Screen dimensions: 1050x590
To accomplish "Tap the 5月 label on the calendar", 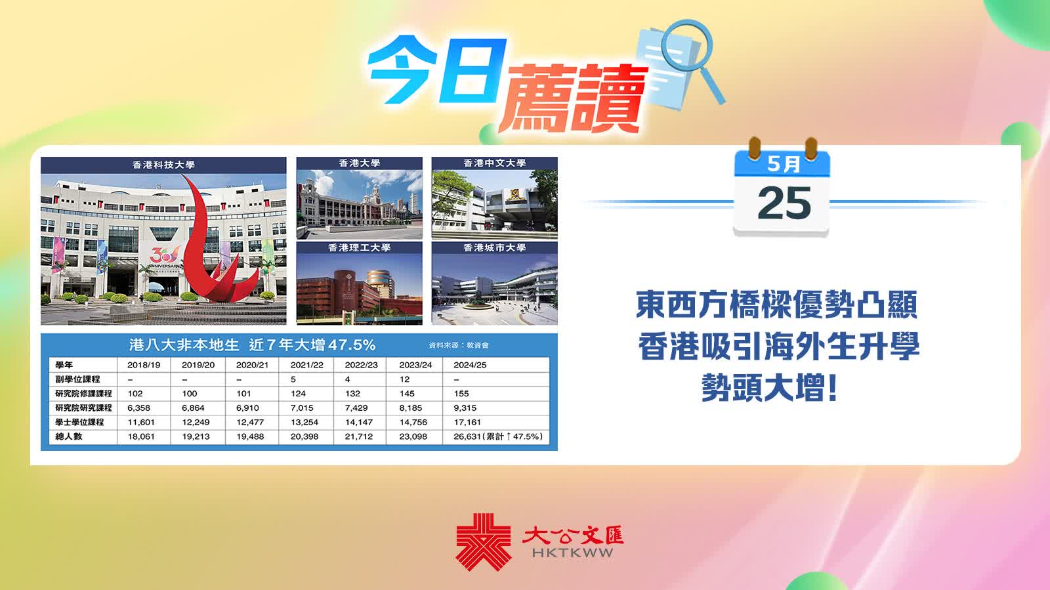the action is (x=784, y=164).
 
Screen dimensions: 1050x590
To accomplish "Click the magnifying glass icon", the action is (x=693, y=59).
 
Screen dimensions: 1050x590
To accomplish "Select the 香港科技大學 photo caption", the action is (x=163, y=165).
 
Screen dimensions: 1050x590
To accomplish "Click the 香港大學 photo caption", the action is (x=360, y=163).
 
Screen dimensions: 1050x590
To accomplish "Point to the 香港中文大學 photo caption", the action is (x=495, y=163).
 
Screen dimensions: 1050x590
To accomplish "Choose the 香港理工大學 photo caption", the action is (x=360, y=247).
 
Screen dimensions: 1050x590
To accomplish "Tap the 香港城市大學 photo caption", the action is (x=495, y=247).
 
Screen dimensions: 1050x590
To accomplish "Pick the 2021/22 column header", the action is (x=307, y=365).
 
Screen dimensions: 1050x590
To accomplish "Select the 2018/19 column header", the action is (x=144, y=365).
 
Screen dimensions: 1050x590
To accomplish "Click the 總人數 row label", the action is (x=68, y=436).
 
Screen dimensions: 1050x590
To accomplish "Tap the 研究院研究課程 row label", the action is (x=83, y=408).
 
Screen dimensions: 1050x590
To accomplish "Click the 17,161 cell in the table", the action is (x=467, y=422).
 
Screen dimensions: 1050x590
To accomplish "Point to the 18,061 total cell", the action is (x=141, y=437).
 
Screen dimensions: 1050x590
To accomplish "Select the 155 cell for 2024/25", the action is (x=461, y=394).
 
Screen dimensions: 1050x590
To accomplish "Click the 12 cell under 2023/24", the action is (x=404, y=379).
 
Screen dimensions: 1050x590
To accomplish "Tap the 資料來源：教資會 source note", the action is (x=459, y=345).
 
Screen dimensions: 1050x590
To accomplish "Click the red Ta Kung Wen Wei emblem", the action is (x=483, y=541).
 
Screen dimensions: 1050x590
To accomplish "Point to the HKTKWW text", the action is (x=572, y=553).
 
